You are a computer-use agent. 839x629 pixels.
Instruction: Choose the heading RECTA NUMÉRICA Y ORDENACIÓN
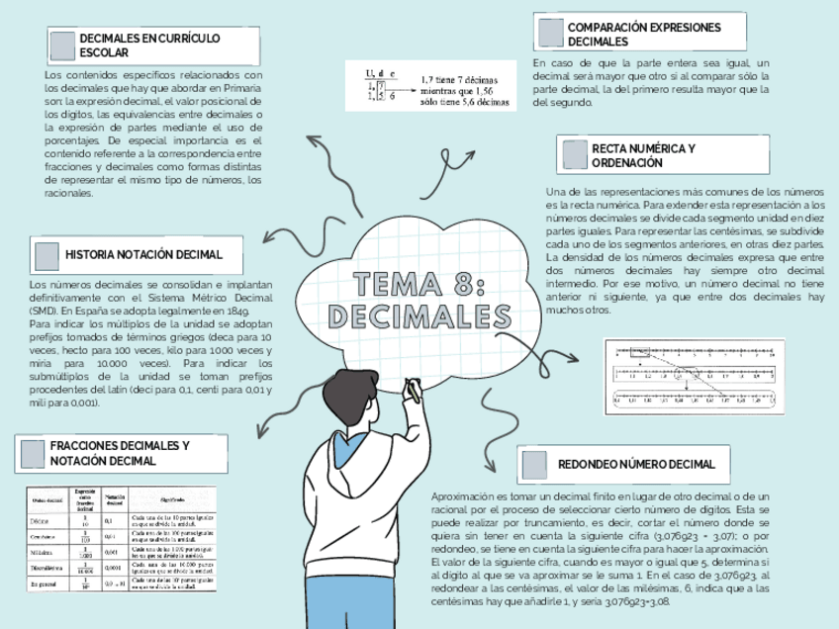point(643,155)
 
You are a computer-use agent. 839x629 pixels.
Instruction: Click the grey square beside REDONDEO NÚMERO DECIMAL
point(534,464)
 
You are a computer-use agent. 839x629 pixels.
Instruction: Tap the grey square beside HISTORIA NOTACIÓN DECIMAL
point(47,255)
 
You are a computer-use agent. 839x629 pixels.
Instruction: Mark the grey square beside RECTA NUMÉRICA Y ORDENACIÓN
point(575,154)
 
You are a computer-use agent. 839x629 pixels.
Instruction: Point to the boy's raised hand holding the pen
point(413,393)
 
